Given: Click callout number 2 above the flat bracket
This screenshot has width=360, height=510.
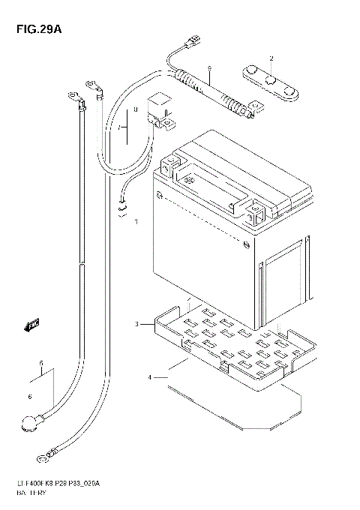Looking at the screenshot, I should (271, 58).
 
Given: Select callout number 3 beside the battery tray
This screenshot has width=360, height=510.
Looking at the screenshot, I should (137, 324).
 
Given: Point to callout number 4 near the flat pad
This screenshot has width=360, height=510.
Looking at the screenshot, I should (150, 377).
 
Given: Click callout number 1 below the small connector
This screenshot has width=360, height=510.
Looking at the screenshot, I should (136, 223).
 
